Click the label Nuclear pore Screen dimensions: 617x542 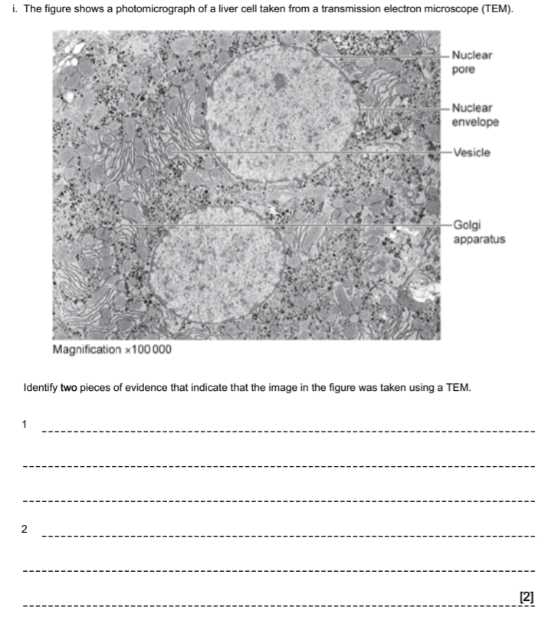(x=471, y=62)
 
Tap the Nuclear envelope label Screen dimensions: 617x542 (x=475, y=115)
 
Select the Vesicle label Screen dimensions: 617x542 (x=471, y=153)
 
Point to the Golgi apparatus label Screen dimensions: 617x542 (x=478, y=232)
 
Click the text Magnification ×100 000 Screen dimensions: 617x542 (x=112, y=350)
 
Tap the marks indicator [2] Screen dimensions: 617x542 (x=526, y=596)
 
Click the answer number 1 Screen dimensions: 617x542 (x=25, y=424)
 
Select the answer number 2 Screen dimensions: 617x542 (x=25, y=530)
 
